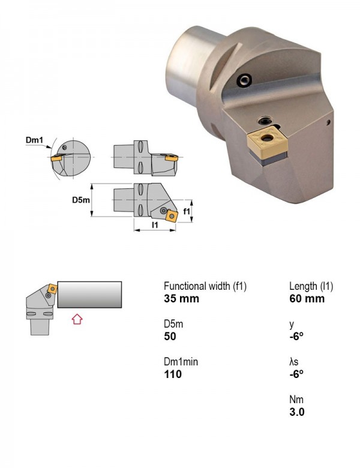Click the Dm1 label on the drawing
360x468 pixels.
click(x=34, y=140)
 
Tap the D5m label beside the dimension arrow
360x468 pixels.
click(x=81, y=200)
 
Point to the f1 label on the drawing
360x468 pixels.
click(x=187, y=211)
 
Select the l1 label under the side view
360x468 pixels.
click(x=155, y=225)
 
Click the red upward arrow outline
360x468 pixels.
click(x=77, y=319)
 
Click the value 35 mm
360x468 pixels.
click(x=181, y=298)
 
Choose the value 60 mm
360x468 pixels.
click(x=307, y=298)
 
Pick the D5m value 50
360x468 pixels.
click(x=170, y=337)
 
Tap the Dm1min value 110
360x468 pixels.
click(x=173, y=374)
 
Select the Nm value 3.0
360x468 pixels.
click(x=297, y=412)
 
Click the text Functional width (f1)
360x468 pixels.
click(x=205, y=286)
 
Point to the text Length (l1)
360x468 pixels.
click(x=311, y=286)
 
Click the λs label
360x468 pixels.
click(x=294, y=362)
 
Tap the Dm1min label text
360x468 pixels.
click(x=181, y=362)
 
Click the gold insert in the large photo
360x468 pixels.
click(x=267, y=142)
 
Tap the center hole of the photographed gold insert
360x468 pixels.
click(x=267, y=137)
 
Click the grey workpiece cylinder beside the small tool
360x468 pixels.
click(x=89, y=294)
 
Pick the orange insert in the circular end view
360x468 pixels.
click(x=56, y=157)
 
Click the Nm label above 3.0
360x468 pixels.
click(x=296, y=400)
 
